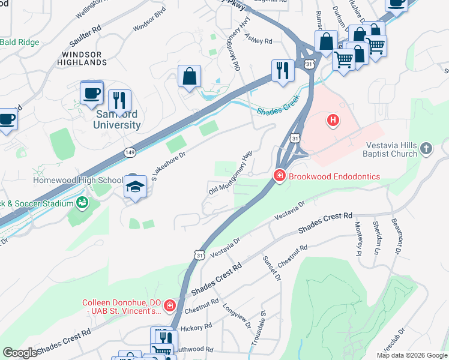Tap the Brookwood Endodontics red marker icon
click(x=279, y=176)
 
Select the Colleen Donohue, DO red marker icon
click(x=170, y=306)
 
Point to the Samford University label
click(x=116, y=119)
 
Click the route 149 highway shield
click(x=130, y=152)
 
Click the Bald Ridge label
click(x=19, y=43)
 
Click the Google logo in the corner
click(x=20, y=353)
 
